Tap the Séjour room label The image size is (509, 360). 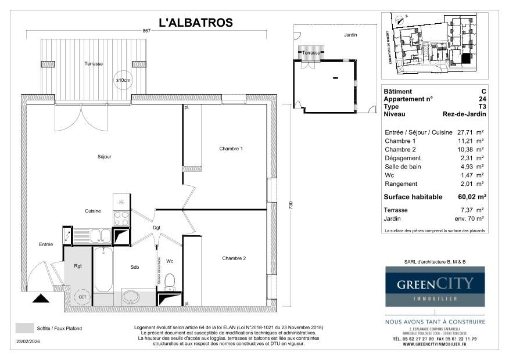click(x=105, y=157)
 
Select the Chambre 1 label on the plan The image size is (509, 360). click(x=231, y=149)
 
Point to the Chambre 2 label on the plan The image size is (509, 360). click(x=234, y=258)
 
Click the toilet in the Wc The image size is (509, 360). click(x=170, y=283)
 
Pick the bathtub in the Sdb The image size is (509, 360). click(x=103, y=270)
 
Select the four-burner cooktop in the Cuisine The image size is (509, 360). click(x=121, y=218)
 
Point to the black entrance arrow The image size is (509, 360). click(x=41, y=298)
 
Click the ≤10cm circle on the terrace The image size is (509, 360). click(x=123, y=81)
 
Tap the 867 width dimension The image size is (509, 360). click(x=148, y=31)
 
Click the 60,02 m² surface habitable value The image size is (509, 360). click(x=473, y=197)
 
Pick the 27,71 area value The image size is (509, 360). click(x=468, y=132)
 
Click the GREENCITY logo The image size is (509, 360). click(x=435, y=286)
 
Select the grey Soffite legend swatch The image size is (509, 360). click(x=24, y=328)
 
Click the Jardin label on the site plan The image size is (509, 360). click(x=350, y=35)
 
